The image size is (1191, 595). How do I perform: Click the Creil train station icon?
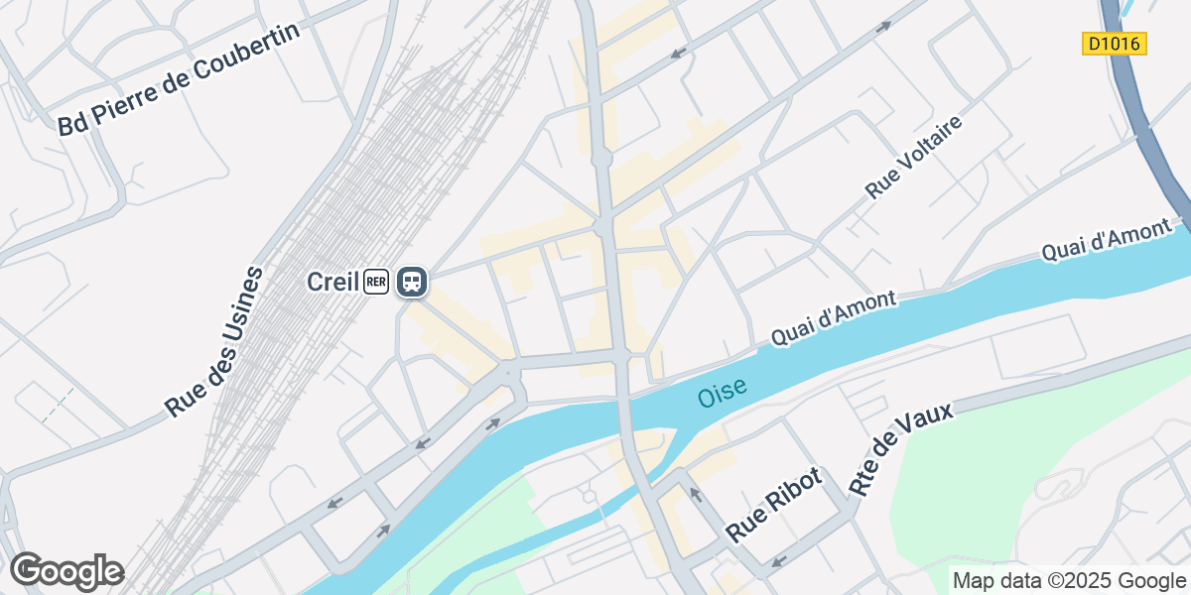(412, 282)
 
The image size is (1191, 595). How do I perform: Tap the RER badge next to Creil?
(375, 282)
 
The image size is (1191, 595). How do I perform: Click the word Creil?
(331, 282)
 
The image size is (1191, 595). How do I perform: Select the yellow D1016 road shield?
(1114, 44)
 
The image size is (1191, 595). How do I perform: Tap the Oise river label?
(722, 394)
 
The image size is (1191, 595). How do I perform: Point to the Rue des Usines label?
(214, 341)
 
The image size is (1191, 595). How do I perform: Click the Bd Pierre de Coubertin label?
(178, 79)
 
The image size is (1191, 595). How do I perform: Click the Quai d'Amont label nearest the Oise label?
(834, 319)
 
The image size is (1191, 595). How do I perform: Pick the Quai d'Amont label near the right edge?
(1107, 241)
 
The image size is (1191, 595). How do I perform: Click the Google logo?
(66, 571)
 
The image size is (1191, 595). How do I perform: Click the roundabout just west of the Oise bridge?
(509, 372)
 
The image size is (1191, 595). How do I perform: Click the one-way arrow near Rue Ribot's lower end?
(778, 562)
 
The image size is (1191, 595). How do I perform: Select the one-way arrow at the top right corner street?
(883, 27)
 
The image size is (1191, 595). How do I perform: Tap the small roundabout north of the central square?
(600, 158)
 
